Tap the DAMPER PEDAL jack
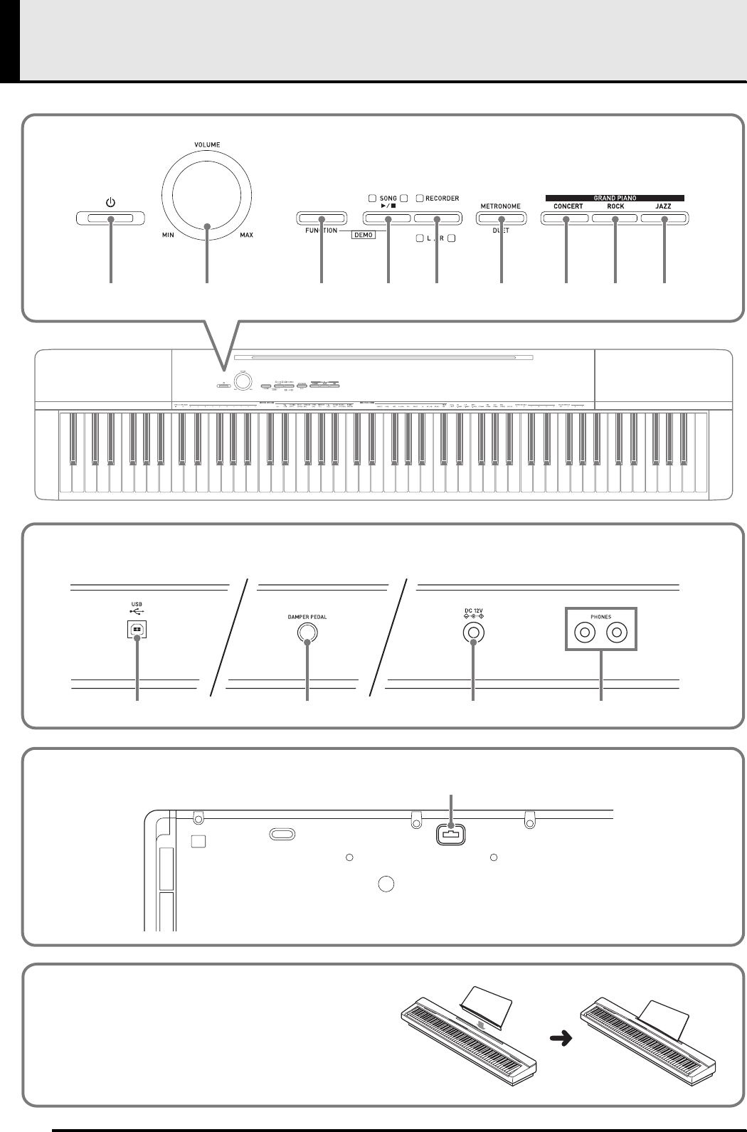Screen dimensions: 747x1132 (307, 633)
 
